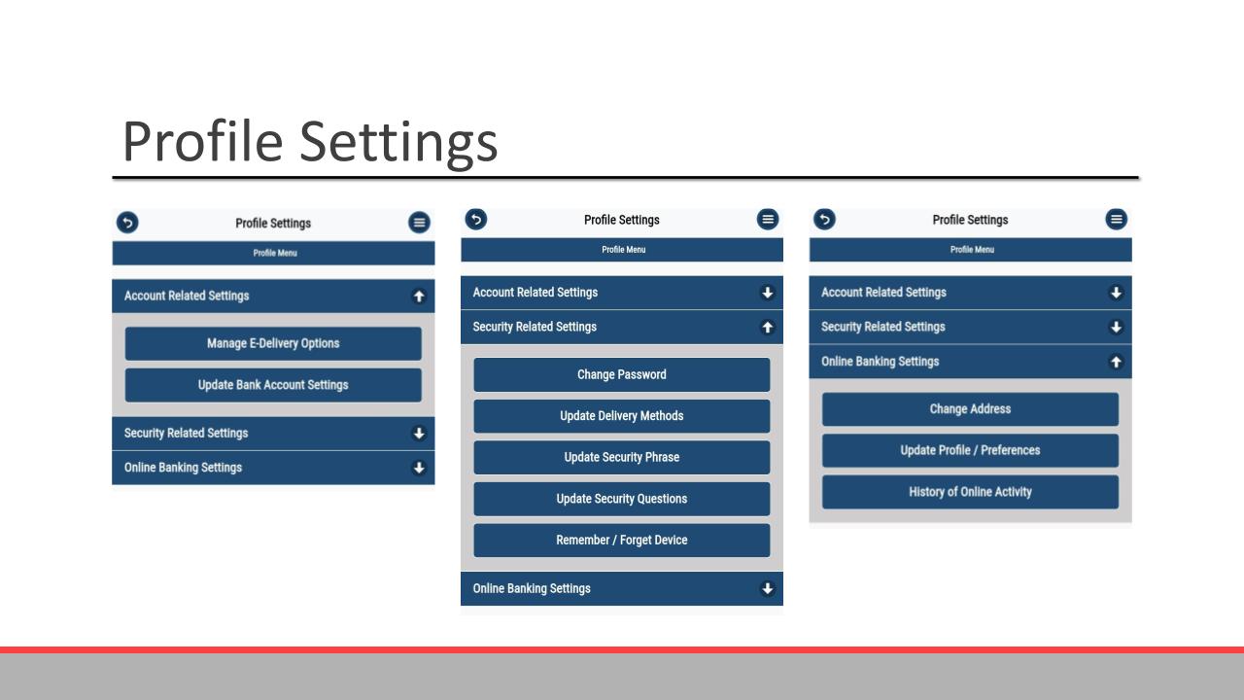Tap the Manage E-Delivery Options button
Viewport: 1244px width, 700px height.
pyautogui.click(x=273, y=343)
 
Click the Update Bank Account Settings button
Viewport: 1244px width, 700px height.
pyautogui.click(x=273, y=385)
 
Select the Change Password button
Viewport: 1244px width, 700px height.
pyautogui.click(x=621, y=374)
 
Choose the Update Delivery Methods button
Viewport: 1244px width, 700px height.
pyautogui.click(x=621, y=416)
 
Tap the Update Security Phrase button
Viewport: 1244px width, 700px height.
pyautogui.click(x=621, y=457)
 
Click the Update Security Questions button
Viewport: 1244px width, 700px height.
pyautogui.click(x=621, y=499)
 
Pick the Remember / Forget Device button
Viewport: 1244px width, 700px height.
pyautogui.click(x=621, y=540)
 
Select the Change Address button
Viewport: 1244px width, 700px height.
pyautogui.click(x=970, y=409)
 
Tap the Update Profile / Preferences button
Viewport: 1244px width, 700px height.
pyautogui.click(x=970, y=450)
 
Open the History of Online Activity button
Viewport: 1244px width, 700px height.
pyautogui.click(x=970, y=492)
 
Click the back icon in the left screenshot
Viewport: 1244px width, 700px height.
pyautogui.click(x=127, y=223)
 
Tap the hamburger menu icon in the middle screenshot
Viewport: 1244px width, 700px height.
pyautogui.click(x=768, y=220)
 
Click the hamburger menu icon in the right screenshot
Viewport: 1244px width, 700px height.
pyautogui.click(x=1116, y=220)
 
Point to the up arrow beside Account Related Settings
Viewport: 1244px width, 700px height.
pyautogui.click(x=419, y=297)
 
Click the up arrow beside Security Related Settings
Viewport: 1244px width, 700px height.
pyautogui.click(x=768, y=328)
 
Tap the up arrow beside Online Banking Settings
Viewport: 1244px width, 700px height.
pyautogui.click(x=1116, y=362)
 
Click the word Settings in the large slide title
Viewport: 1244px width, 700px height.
pyautogui.click(x=398, y=143)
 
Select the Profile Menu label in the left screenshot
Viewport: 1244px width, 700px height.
pyautogui.click(x=275, y=253)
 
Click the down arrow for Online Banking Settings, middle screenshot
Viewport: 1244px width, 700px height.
pyautogui.click(x=768, y=588)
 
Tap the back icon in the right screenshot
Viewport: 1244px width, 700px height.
pyautogui.click(x=825, y=220)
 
